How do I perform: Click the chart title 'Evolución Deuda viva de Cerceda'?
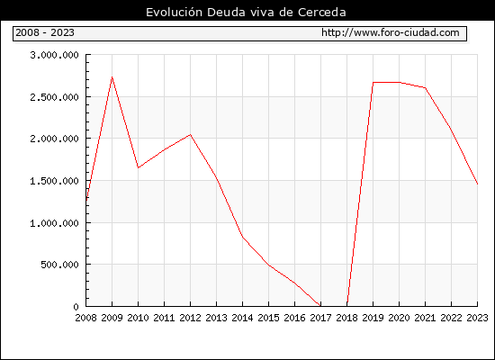tap(246, 13)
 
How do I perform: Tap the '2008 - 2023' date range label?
tap(45, 32)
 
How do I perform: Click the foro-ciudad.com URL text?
tap(391, 32)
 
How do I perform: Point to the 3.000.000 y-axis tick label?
tap(54, 55)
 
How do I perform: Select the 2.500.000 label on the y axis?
tap(54, 97)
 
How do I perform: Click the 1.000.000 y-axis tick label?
tap(54, 223)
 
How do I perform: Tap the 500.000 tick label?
tap(59, 265)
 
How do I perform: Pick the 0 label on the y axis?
tap(76, 307)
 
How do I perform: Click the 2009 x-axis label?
tap(112, 318)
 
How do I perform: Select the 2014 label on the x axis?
tap(242, 318)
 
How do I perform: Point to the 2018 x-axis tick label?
tap(346, 318)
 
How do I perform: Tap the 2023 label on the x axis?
tap(477, 318)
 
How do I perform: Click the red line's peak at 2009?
tap(112, 77)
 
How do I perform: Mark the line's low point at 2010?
tap(138, 167)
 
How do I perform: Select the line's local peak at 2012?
tap(191, 134)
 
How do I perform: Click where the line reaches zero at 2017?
tap(320, 306)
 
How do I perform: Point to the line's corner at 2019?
tap(373, 83)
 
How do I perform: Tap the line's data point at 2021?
tap(425, 88)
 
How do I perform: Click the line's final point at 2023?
tap(477, 184)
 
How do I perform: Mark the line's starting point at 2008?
tap(86, 200)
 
